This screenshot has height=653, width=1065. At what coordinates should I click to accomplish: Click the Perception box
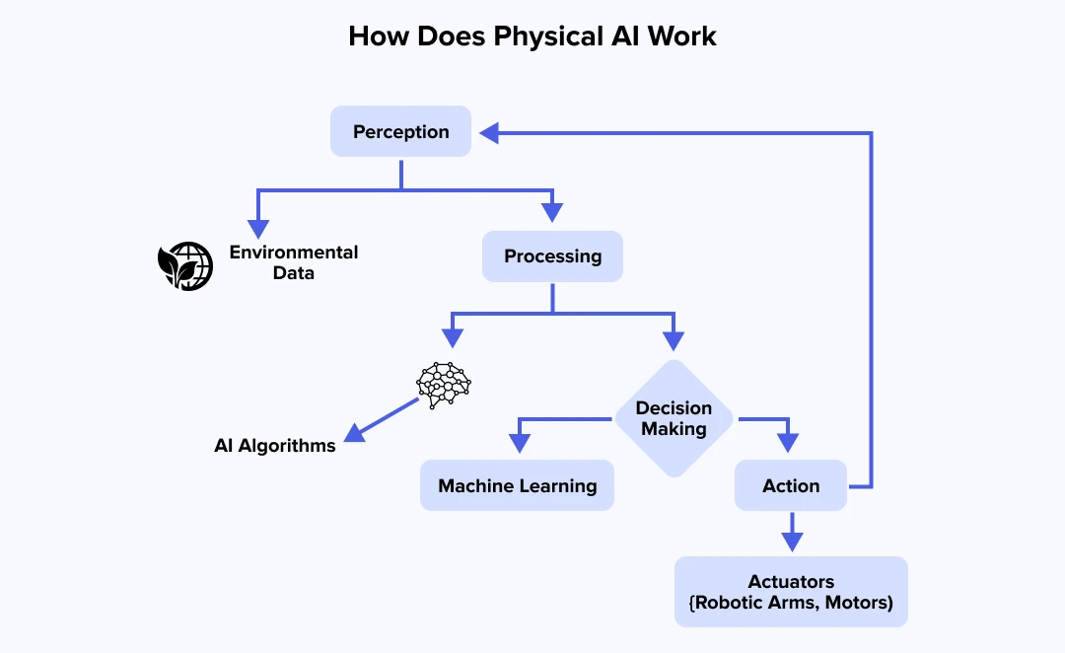(x=400, y=131)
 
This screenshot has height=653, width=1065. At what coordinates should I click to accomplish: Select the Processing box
(x=552, y=256)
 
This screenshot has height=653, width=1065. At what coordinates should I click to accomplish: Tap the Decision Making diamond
(x=674, y=418)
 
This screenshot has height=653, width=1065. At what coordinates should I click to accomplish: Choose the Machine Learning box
(x=517, y=485)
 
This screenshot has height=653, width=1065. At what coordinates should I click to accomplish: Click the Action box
(x=791, y=485)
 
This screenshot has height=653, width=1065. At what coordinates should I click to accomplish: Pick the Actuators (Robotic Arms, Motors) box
(x=791, y=592)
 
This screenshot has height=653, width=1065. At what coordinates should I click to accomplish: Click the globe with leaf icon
(x=185, y=265)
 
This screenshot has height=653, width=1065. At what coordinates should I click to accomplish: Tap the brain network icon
(x=445, y=383)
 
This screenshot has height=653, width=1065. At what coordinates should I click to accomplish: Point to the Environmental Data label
(x=294, y=262)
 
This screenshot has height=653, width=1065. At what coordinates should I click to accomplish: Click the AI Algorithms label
(x=275, y=446)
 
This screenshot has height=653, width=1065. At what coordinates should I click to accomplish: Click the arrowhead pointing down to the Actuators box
(x=791, y=540)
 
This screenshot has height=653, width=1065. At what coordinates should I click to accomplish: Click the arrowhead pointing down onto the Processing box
(x=552, y=211)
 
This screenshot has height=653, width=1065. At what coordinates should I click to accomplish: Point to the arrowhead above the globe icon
(x=257, y=213)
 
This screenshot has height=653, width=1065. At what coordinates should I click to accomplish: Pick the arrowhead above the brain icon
(x=452, y=337)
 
